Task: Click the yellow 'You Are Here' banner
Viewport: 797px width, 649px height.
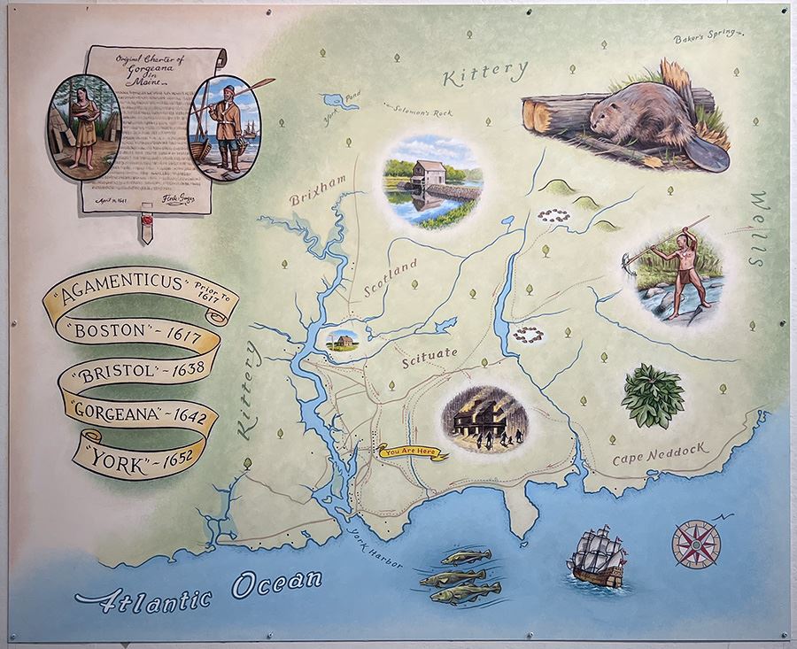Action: tap(414, 452)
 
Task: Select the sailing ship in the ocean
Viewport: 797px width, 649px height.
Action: tap(599, 557)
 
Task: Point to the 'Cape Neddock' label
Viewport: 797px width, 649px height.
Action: tap(661, 454)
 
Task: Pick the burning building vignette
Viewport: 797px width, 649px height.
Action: tap(484, 415)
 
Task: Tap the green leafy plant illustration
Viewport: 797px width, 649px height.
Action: tap(653, 395)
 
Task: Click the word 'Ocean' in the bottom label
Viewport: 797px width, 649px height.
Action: tap(276, 583)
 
